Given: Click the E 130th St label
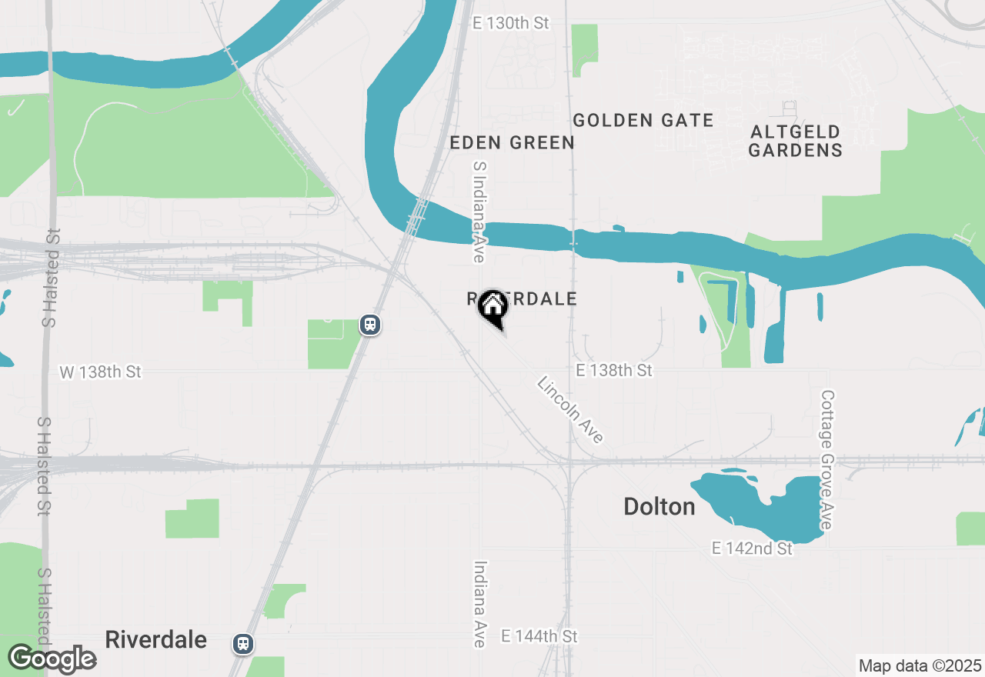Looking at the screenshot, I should pyautogui.click(x=511, y=23).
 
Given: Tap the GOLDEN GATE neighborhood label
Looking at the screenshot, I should pyautogui.click(x=643, y=120).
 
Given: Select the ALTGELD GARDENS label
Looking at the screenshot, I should pyautogui.click(x=795, y=140).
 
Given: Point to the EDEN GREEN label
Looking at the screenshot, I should pyautogui.click(x=512, y=142).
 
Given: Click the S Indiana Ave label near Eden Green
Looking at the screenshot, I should pyautogui.click(x=479, y=212).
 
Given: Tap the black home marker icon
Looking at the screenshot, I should pyautogui.click(x=492, y=308).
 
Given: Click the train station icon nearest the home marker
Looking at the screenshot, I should pyautogui.click(x=370, y=325).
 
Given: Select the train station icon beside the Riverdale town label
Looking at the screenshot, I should pyautogui.click(x=243, y=643).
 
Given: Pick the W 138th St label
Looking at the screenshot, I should pyautogui.click(x=100, y=372).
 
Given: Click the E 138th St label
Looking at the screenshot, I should pyautogui.click(x=613, y=371).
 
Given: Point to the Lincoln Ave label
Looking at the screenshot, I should pyautogui.click(x=570, y=410).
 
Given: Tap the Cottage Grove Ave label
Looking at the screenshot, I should pyautogui.click(x=827, y=460).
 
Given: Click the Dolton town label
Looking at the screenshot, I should pyautogui.click(x=659, y=506).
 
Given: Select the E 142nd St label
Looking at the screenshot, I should pyautogui.click(x=752, y=549).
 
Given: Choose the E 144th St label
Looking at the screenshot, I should pyautogui.click(x=539, y=636).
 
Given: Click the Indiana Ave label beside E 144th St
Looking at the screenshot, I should pyautogui.click(x=480, y=603).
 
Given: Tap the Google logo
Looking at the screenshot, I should pyautogui.click(x=52, y=659).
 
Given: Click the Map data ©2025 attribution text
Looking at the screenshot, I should pyautogui.click(x=920, y=665).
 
